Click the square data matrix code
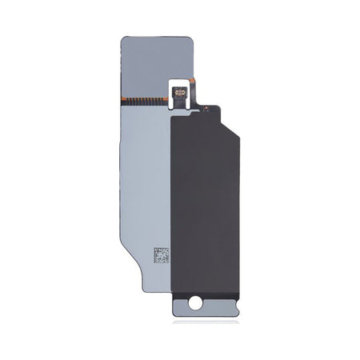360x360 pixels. point(162,256)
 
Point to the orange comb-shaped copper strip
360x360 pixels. point(144,100)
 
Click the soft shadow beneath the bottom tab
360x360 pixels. point(206,322)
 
